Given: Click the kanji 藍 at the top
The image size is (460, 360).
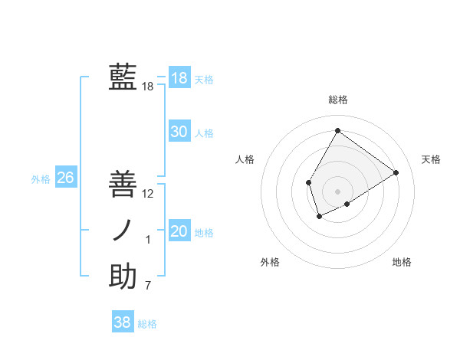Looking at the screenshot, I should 123,77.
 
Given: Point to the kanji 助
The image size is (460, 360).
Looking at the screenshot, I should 123,277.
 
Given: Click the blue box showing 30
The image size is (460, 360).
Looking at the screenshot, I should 179,132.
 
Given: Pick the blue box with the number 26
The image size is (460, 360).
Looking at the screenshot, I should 65,178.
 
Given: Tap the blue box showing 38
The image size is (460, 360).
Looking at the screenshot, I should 122,322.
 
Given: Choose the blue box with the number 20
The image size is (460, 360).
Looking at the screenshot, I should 179,231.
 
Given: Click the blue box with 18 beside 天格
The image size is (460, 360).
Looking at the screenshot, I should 179,78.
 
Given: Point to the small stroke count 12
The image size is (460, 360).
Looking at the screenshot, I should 148,194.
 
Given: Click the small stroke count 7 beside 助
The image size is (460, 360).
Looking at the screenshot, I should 148,286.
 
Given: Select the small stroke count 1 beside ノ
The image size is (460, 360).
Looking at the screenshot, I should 148,240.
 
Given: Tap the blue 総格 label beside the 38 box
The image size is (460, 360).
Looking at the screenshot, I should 147,324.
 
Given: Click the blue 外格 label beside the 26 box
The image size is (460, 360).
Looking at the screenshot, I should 41,179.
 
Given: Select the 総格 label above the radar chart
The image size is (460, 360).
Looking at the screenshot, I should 337,100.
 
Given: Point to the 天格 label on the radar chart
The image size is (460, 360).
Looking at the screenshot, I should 431,159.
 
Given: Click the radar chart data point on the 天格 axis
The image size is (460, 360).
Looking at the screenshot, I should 396,172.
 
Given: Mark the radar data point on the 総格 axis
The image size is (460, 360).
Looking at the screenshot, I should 337,130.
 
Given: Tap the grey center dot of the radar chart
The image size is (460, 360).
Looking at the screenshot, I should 337,191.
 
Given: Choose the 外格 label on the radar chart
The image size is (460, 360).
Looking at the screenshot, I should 270,262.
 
